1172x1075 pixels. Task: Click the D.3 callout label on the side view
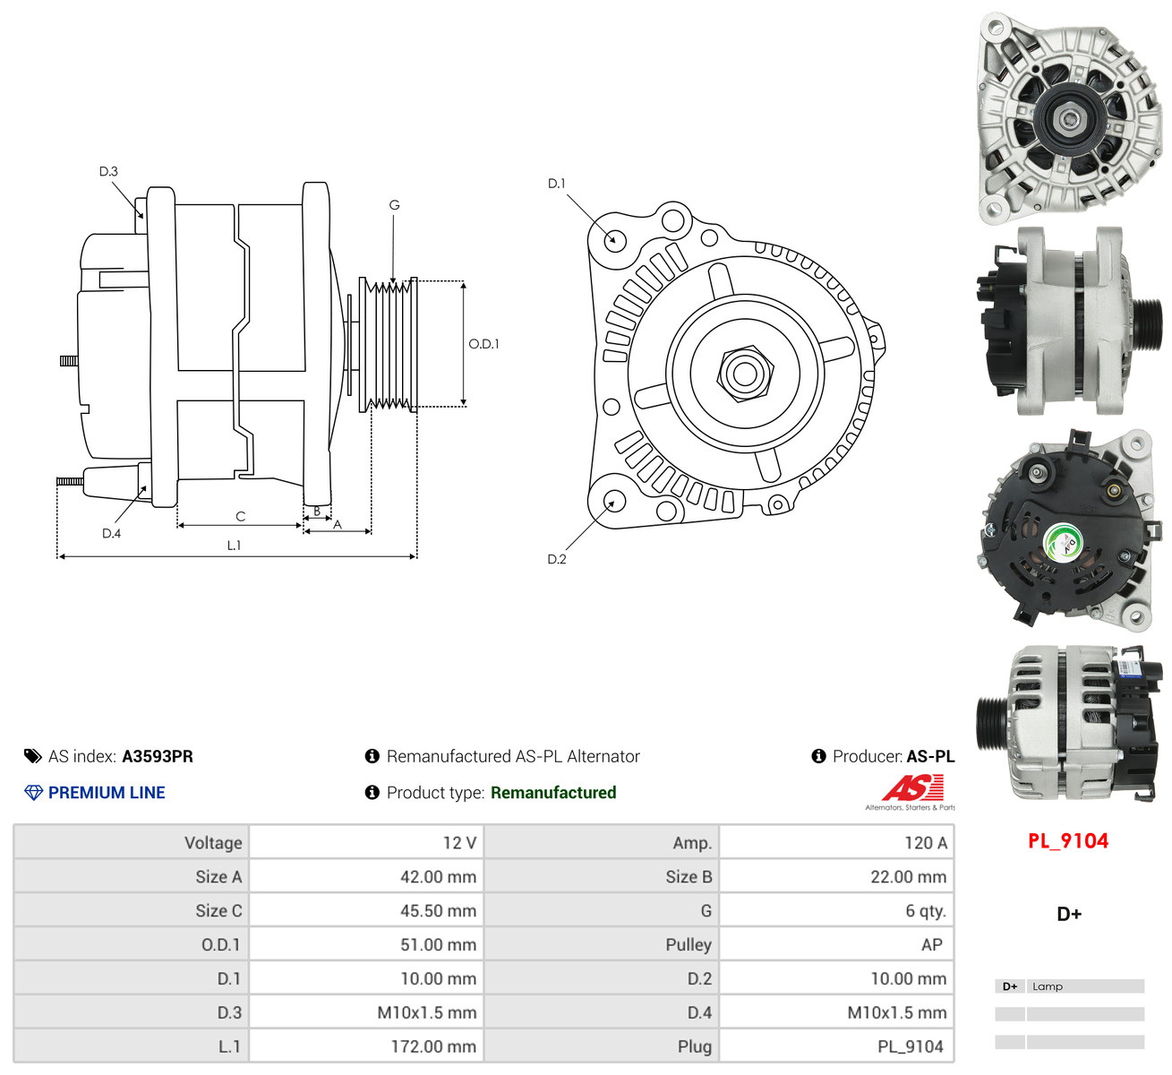coord(108,171)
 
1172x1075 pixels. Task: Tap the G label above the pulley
coord(394,205)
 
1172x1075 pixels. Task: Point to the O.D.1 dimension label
coord(483,344)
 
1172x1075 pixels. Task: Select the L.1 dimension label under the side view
coord(234,546)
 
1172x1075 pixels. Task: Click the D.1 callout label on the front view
coord(557,184)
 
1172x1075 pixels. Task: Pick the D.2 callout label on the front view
coord(557,559)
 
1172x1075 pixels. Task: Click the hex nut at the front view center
coord(745,374)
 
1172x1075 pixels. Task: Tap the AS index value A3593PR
coord(158,756)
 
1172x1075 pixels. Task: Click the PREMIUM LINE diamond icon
coord(33,793)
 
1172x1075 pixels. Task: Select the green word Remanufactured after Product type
coord(553,793)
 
